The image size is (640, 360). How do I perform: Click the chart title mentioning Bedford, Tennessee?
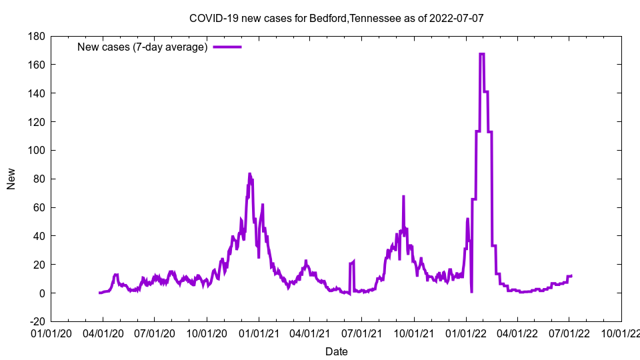coord(336,19)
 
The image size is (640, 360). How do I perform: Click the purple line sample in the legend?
coord(227,47)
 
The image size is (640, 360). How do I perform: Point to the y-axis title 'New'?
coord(11,179)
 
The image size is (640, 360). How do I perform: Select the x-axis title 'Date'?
coord(336,351)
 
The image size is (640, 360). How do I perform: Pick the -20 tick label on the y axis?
coord(35,322)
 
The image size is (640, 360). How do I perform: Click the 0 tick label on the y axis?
coord(41,293)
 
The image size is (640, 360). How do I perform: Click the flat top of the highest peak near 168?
coord(481,53)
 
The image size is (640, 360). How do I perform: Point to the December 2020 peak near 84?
coord(249,173)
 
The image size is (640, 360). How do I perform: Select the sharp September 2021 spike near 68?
coord(403,197)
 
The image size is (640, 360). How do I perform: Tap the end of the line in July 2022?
coord(571,275)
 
